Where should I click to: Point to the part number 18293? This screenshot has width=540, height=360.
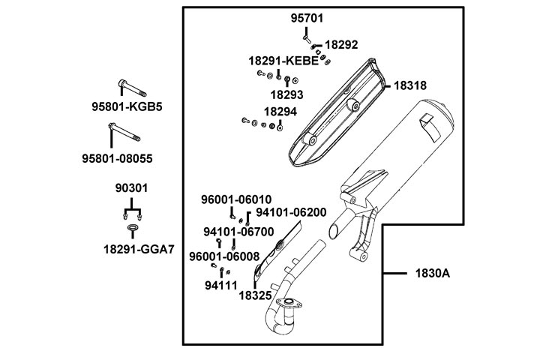(x=286, y=95)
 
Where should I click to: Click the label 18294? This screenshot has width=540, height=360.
(x=280, y=112)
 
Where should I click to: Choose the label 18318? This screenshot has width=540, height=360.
(x=410, y=86)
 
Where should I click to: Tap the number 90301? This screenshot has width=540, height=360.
(x=132, y=187)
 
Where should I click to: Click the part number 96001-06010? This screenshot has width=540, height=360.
(x=235, y=199)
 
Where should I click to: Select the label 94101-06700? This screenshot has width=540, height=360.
(x=238, y=232)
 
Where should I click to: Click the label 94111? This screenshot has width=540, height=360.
(x=220, y=286)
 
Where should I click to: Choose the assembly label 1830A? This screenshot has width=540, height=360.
(x=432, y=273)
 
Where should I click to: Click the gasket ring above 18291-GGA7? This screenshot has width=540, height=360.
(x=133, y=227)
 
